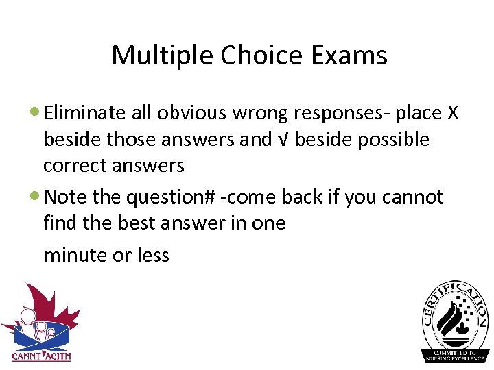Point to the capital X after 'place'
452,113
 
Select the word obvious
196,113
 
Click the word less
152,255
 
